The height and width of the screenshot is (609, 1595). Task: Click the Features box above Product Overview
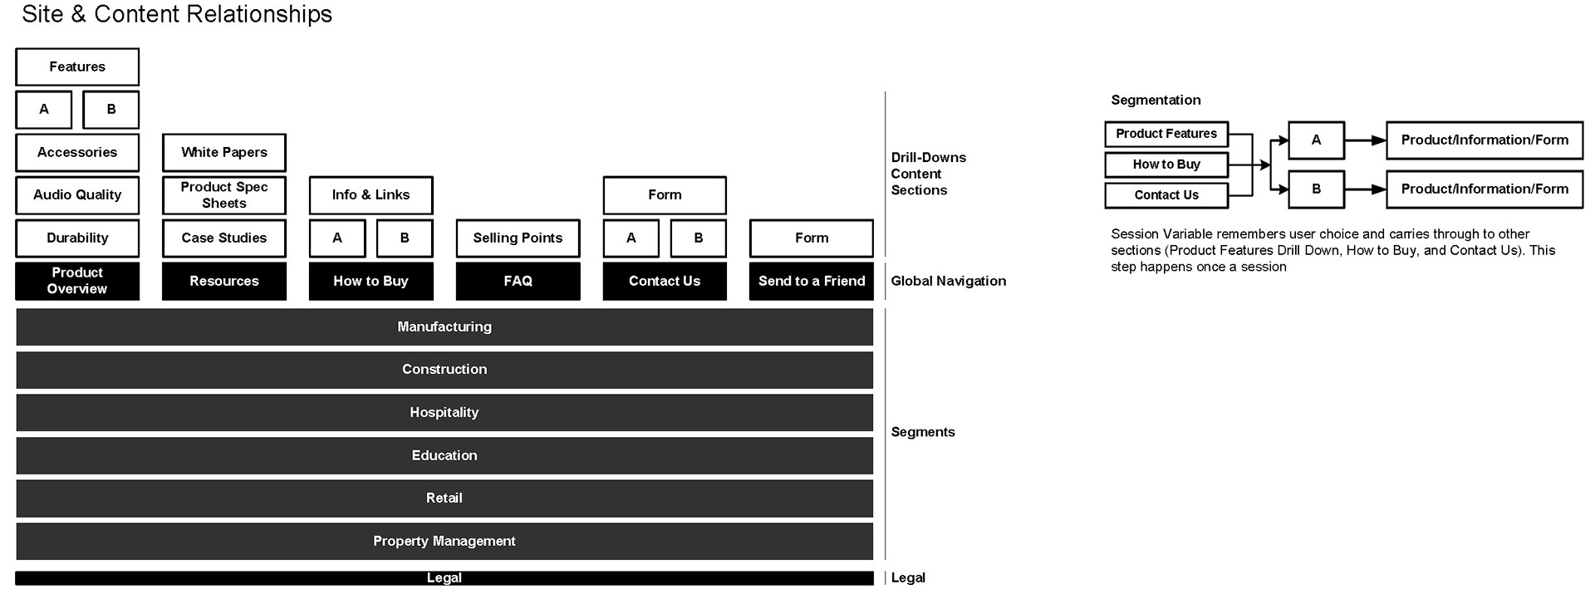(77, 66)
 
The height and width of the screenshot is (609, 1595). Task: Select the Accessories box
(77, 152)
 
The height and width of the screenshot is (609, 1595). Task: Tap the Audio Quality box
(77, 195)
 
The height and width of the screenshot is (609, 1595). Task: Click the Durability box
(77, 238)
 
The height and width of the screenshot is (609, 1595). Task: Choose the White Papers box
(224, 152)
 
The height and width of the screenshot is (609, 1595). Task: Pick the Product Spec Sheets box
(224, 195)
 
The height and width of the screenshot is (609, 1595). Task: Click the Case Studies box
(224, 238)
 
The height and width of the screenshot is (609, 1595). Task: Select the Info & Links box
(371, 195)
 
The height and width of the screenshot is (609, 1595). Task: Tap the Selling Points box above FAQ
(518, 238)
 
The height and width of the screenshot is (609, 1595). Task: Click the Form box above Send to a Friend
(812, 238)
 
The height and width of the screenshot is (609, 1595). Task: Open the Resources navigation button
(224, 281)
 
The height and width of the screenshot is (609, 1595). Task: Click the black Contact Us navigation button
(665, 281)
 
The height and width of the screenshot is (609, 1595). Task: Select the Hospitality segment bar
(444, 413)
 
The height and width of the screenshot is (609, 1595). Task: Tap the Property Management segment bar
(444, 541)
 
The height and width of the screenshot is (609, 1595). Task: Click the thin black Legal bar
(444, 578)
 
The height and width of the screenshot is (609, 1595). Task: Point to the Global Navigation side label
(949, 281)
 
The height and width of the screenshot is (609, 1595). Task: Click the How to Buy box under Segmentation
(1166, 165)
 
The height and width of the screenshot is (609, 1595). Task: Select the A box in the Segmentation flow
(1317, 140)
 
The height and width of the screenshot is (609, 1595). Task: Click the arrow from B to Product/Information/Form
(1366, 189)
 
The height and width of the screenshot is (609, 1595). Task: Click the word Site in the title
(42, 14)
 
